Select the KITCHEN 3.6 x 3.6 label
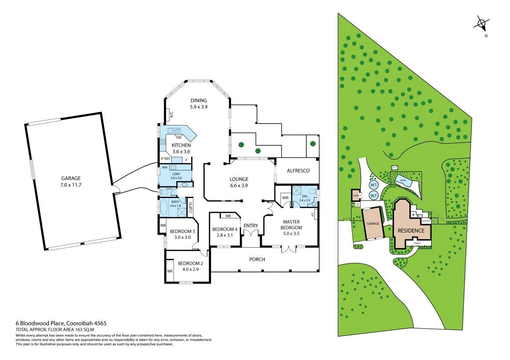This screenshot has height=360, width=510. point(181,148)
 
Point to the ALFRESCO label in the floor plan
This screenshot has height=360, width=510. point(298,170)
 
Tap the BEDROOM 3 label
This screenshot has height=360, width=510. point(182,234)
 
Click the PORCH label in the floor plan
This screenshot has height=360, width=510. point(257,259)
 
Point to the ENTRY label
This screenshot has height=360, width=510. point(251,226)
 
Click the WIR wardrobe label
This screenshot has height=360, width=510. point(285,198)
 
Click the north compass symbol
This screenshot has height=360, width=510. point(482,24)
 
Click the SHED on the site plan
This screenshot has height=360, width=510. point(355,196)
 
